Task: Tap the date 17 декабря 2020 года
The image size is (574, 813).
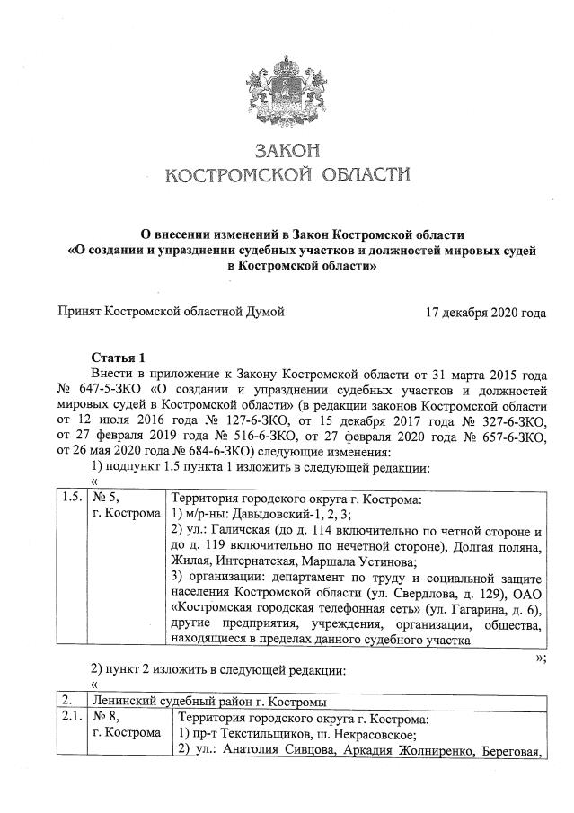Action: (486, 313)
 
